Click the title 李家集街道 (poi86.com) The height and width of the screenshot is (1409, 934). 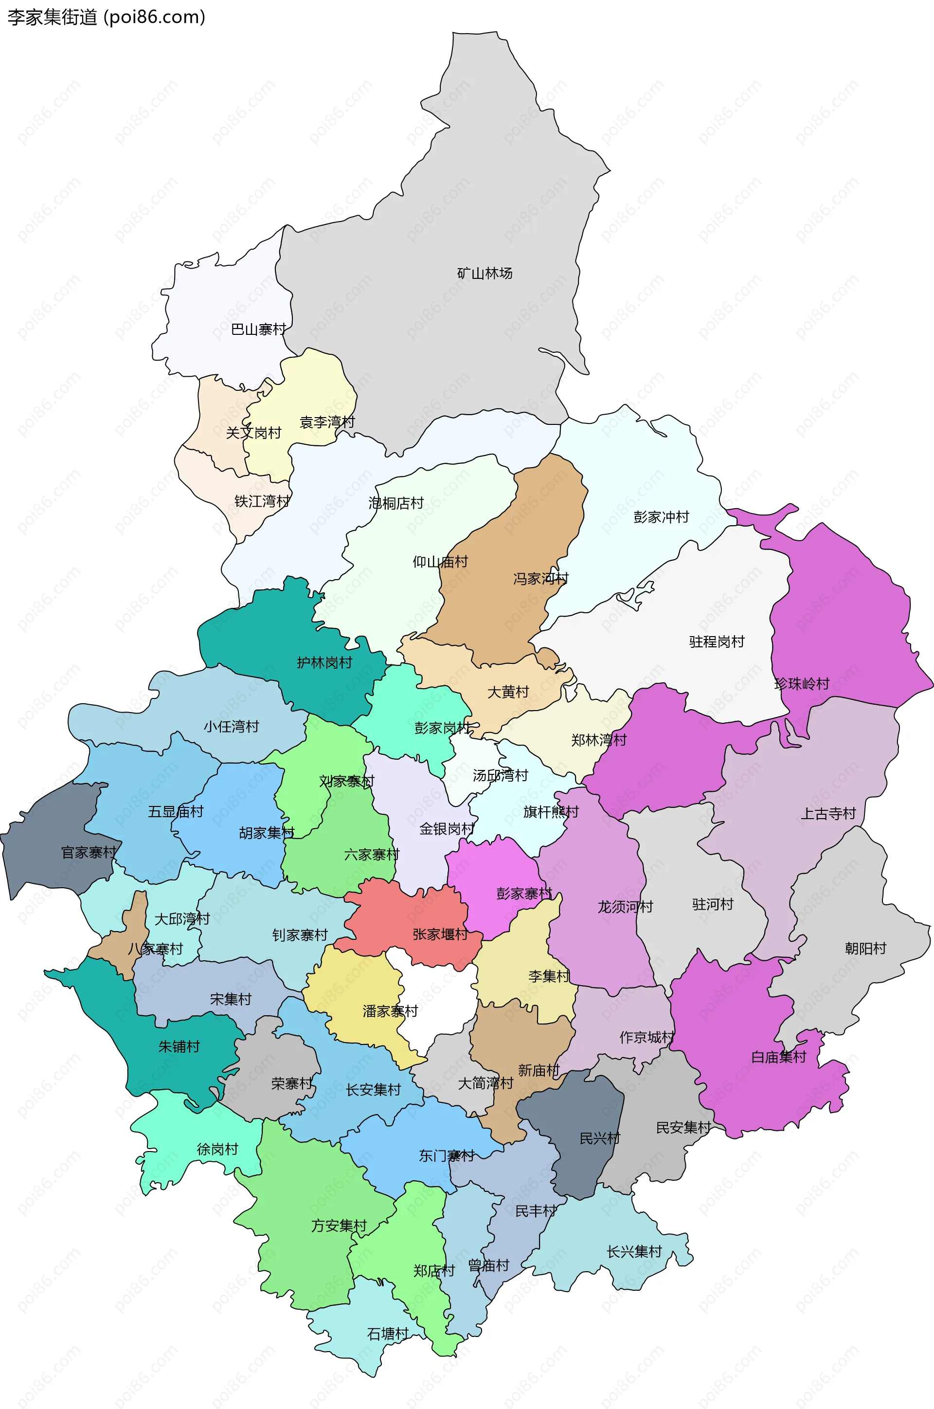[x=106, y=17]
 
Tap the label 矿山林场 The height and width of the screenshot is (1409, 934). [x=485, y=274]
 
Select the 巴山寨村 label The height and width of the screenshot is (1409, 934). [x=258, y=329]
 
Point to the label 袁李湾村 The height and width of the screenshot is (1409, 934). [x=327, y=422]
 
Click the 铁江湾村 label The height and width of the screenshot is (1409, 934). [x=262, y=502]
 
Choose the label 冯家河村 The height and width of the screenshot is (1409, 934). [x=541, y=579]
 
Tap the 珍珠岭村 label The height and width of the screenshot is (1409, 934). [x=802, y=684]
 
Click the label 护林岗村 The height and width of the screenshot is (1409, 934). [x=324, y=662]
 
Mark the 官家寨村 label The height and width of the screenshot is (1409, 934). [x=89, y=853]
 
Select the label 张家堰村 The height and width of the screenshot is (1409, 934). [x=440, y=934]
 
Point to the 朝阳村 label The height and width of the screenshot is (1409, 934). [x=865, y=948]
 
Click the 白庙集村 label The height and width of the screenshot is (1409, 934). [x=778, y=1057]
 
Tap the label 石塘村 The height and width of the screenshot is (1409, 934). [x=388, y=1334]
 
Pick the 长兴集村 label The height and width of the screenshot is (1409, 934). [x=634, y=1252]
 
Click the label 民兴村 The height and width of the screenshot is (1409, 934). [x=600, y=1138]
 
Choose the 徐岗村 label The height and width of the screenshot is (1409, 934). [x=217, y=1149]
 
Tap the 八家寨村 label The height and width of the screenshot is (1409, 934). [x=156, y=949]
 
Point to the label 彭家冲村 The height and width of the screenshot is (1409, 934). [x=661, y=517]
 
